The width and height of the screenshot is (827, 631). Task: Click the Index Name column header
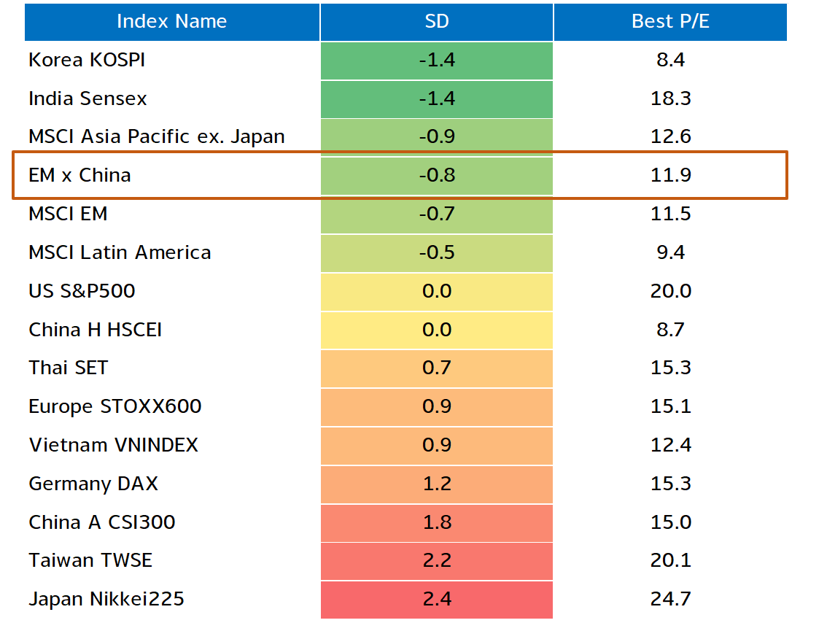point(172,22)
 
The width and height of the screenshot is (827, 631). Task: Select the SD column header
point(437,22)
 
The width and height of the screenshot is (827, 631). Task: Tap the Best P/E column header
point(670,22)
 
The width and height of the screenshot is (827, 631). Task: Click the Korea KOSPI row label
point(87,60)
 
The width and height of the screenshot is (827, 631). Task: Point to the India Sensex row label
point(88,98)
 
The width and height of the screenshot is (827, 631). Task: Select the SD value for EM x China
point(437,175)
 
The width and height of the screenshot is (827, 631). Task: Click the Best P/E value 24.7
point(670,599)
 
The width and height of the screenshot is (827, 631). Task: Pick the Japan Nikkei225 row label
point(106,599)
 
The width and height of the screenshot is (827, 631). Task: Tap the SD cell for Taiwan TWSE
point(437,560)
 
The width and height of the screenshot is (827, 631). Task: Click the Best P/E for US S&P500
point(670,291)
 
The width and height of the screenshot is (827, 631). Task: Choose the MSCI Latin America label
point(120,252)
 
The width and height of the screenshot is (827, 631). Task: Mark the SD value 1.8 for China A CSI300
point(437,522)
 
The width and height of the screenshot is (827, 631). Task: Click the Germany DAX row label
point(93,483)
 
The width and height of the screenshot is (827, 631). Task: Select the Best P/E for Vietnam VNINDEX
point(670,445)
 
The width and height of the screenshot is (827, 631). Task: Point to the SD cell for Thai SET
point(437,368)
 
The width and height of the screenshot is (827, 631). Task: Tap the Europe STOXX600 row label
point(115,406)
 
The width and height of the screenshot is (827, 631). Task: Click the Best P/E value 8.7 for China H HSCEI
point(670,329)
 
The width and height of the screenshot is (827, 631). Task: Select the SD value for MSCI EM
point(437,214)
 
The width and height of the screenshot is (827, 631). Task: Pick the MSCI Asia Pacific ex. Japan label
point(157,136)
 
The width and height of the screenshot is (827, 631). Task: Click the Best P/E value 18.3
point(670,98)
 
